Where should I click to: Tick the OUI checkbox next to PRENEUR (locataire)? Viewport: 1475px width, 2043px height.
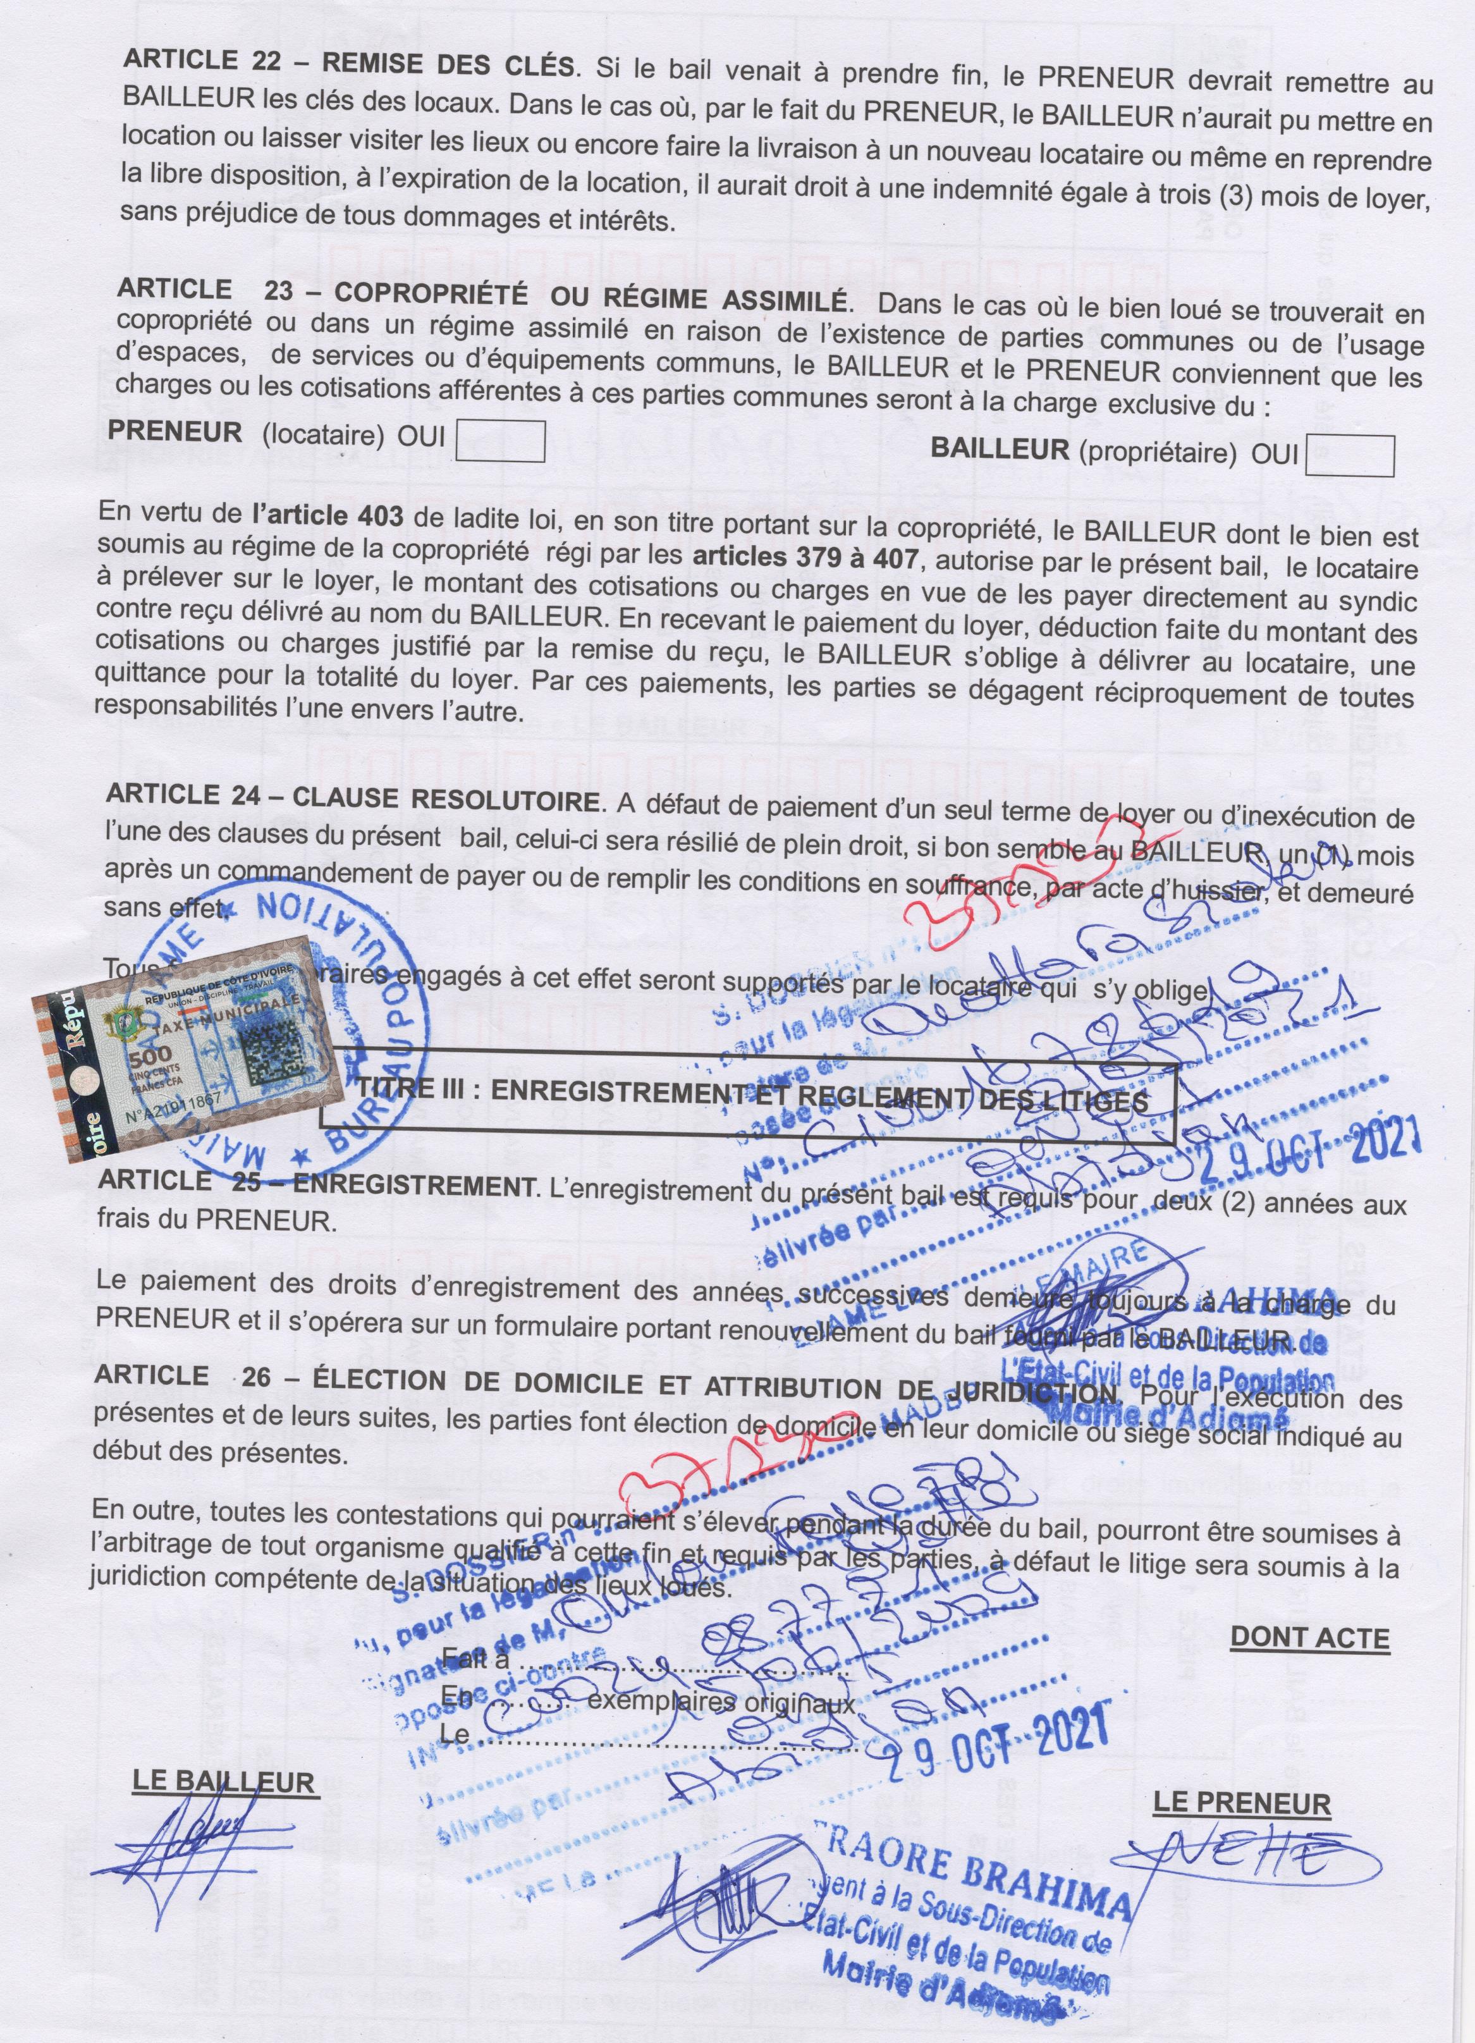(501, 441)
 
